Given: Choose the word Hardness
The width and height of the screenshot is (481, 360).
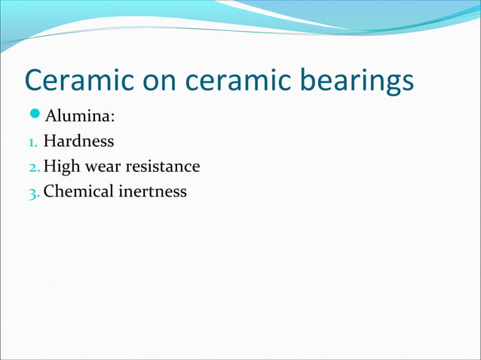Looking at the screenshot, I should [79, 140].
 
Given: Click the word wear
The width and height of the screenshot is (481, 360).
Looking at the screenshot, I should [102, 166].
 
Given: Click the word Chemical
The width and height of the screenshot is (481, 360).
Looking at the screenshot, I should [77, 191].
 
